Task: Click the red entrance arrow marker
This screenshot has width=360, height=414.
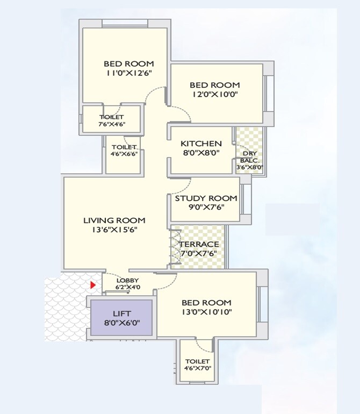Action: [93, 285]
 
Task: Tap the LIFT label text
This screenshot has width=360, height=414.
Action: [121, 313]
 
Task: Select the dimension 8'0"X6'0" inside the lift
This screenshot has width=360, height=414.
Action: [121, 324]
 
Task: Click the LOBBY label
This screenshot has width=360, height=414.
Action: [128, 280]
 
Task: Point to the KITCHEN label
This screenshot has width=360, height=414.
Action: [201, 144]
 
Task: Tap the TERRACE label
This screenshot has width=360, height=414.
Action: [199, 245]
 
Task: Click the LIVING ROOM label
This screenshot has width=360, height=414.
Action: [114, 220]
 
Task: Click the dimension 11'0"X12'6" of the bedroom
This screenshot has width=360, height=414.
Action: [129, 73]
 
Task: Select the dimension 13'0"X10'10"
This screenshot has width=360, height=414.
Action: [207, 312]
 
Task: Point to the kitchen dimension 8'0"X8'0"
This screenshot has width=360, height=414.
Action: [201, 153]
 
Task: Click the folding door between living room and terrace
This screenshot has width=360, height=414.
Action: [173, 247]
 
